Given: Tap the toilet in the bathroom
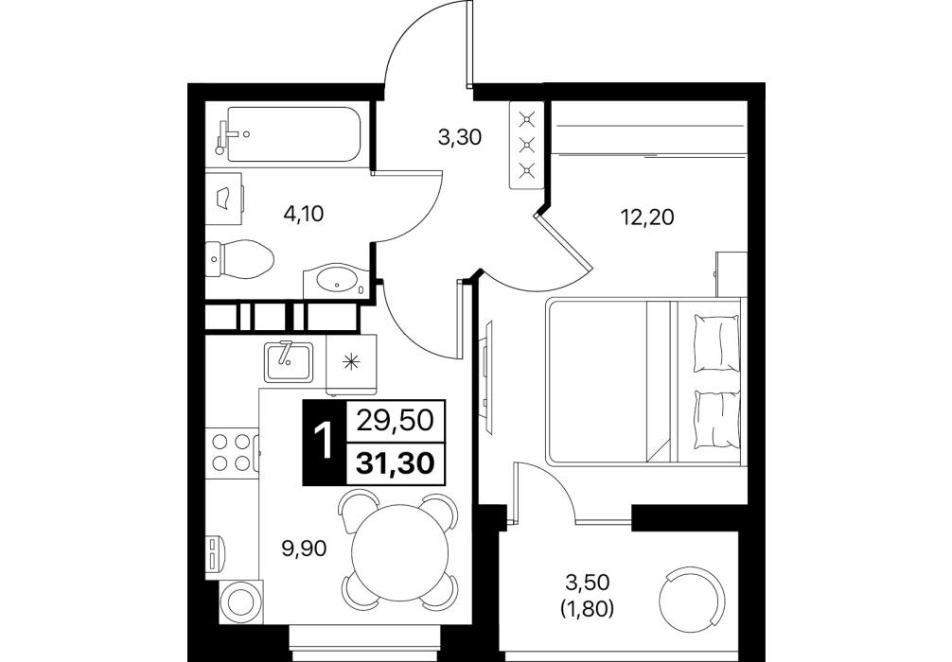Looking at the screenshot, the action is tap(239, 258).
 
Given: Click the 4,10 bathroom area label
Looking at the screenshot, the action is tap(304, 214).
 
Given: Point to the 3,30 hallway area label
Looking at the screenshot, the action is tap(460, 138).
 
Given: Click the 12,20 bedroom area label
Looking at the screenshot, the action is tap(646, 217).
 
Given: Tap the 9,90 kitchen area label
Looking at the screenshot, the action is tap(304, 549).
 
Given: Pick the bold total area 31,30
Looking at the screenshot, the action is tap(396, 464).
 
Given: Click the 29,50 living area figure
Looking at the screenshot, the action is tap(396, 420).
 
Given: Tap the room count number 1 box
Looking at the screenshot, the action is tap(325, 443).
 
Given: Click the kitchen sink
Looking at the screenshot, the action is tap(289, 362).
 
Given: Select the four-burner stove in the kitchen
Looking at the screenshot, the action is tap(232, 451).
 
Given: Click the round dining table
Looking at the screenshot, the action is tap(397, 549).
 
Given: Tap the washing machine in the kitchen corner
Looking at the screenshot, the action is tap(241, 601).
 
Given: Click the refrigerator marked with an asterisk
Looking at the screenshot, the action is tap(351, 363).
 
